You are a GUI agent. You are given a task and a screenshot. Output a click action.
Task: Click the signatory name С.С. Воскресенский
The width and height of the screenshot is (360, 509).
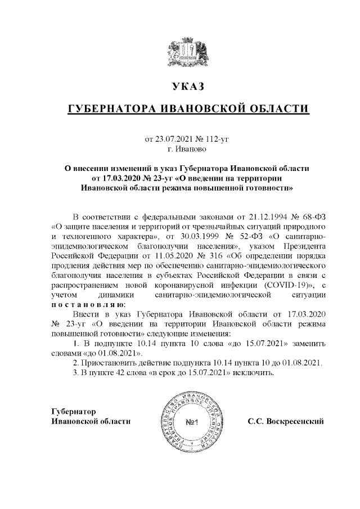click(286, 421)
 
